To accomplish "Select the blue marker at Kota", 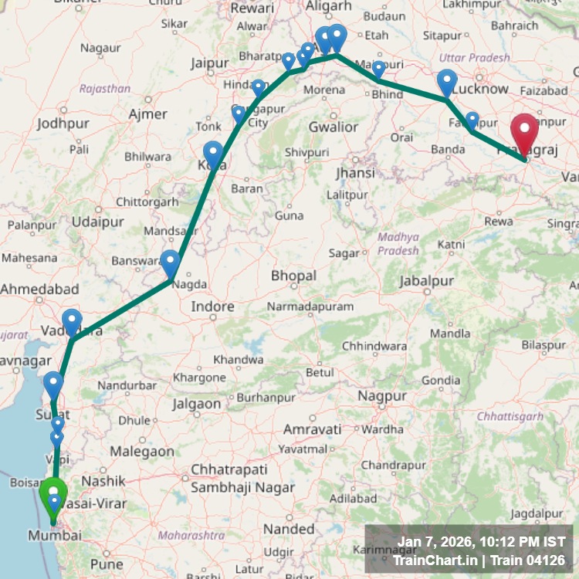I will point(213,154).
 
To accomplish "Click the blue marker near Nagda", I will point(170,263).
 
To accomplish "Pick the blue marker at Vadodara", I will point(72,322).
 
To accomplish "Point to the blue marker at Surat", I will point(53,384).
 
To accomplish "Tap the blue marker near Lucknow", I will point(447,82).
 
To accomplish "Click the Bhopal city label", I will point(293,276).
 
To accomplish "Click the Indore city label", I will point(212,306).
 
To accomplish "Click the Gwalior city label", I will point(333,127).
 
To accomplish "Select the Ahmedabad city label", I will point(40,289).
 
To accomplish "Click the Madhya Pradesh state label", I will point(398,244).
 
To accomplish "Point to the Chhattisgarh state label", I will point(510,417).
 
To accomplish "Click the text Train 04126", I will point(524,560).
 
